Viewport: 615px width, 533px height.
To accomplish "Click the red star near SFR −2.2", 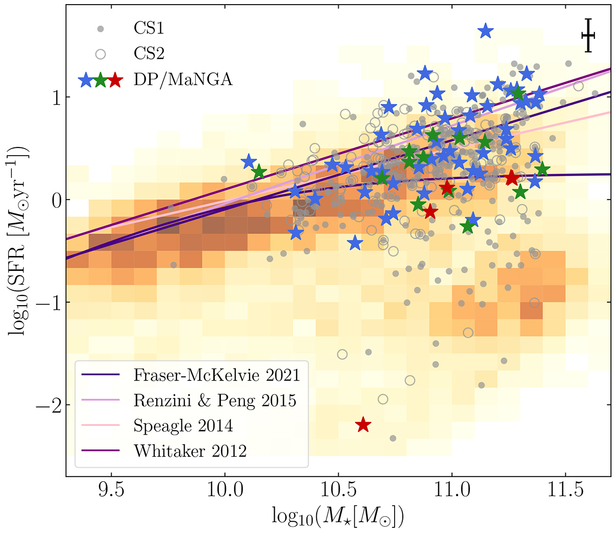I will (x=363, y=424).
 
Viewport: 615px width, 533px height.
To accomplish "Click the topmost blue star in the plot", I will (x=485, y=31).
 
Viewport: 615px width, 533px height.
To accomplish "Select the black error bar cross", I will (x=588, y=35).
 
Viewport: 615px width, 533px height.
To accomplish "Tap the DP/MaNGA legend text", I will (x=183, y=79).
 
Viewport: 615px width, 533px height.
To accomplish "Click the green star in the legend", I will (x=101, y=80).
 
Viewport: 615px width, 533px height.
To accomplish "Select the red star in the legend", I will (x=115, y=80).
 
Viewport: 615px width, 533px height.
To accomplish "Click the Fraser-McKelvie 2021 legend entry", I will (x=216, y=375).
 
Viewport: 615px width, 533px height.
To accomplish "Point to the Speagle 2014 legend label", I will (x=183, y=425).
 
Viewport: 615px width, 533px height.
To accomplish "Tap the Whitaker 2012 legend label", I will (x=190, y=451).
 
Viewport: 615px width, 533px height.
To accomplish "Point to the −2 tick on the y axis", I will (x=48, y=406).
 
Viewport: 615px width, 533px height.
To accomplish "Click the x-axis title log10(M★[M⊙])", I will (x=338, y=518).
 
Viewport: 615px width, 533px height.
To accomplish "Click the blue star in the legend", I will (x=86, y=80).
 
